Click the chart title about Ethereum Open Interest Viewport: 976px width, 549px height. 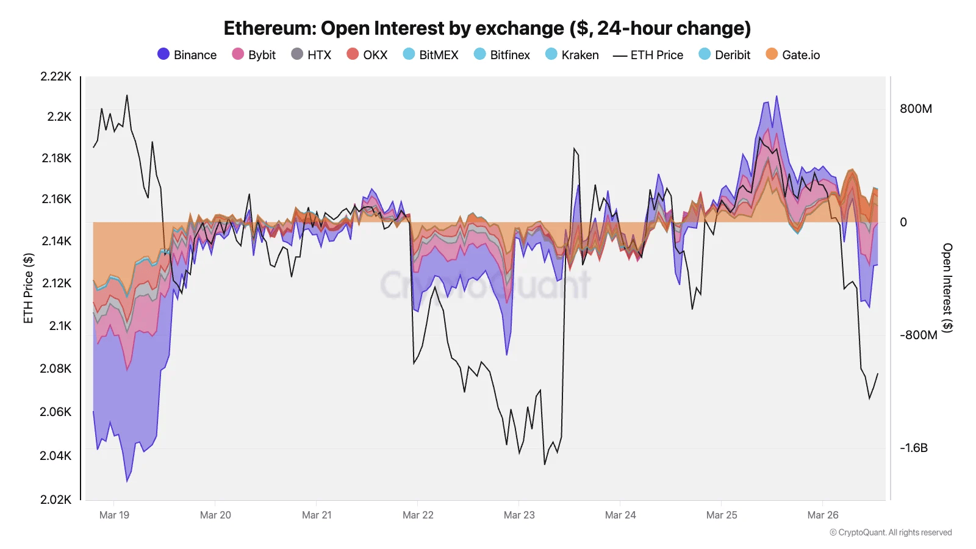[x=487, y=28]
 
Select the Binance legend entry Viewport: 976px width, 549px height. [x=187, y=55]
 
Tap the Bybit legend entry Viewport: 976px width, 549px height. [x=254, y=55]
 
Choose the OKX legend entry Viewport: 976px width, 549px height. [x=367, y=55]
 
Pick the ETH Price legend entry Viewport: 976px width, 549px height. [x=648, y=55]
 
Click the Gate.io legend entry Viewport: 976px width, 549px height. [x=793, y=55]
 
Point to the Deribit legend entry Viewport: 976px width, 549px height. [x=725, y=55]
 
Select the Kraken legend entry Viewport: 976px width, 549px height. [x=572, y=55]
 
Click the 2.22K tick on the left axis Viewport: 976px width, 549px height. [x=56, y=76]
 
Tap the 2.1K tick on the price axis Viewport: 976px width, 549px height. [x=60, y=326]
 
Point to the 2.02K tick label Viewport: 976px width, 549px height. [x=56, y=500]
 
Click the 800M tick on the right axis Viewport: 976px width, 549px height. [x=916, y=109]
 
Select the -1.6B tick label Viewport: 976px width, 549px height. [x=914, y=448]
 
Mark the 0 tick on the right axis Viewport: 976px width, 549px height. [x=903, y=222]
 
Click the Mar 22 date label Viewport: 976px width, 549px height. [x=418, y=515]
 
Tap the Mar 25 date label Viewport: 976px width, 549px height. [x=722, y=515]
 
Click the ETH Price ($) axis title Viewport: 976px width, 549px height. [x=28, y=288]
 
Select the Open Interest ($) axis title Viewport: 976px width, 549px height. [x=947, y=287]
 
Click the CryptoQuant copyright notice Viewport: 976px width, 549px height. [x=891, y=533]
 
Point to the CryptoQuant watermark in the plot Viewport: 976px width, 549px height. [x=486, y=284]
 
